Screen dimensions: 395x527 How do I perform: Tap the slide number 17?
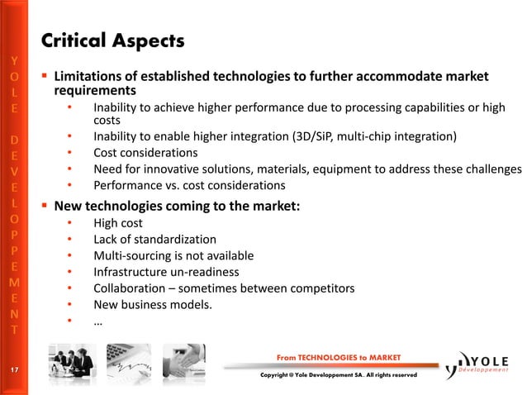tap(13, 369)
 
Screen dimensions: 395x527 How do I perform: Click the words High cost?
tap(118, 223)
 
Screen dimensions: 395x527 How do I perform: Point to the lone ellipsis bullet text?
tap(98, 321)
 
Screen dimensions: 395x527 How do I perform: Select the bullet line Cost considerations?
tap(145, 153)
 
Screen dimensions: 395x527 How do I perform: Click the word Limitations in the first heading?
tap(89, 77)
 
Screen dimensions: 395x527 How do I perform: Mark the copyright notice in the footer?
tap(339, 376)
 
